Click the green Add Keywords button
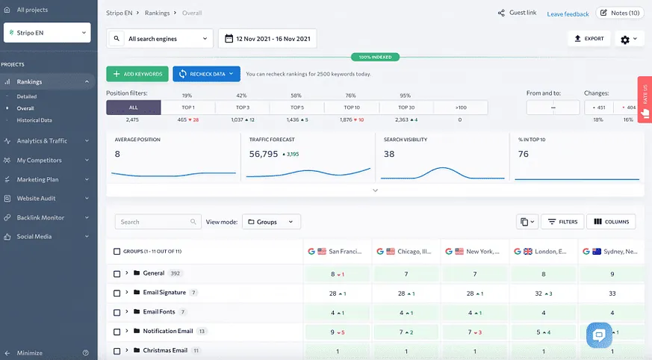point(137,74)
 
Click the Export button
point(589,38)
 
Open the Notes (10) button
point(619,13)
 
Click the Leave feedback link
point(568,13)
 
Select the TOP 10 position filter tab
point(350,108)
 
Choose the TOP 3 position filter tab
point(242,108)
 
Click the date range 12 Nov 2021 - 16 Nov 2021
point(267,39)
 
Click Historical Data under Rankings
point(34,120)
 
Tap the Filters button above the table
point(562,222)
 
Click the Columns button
point(611,222)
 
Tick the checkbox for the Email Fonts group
point(117,312)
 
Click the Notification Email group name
point(168,331)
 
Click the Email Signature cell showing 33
point(612,293)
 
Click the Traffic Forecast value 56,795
point(264,154)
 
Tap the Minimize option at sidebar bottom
point(30,353)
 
